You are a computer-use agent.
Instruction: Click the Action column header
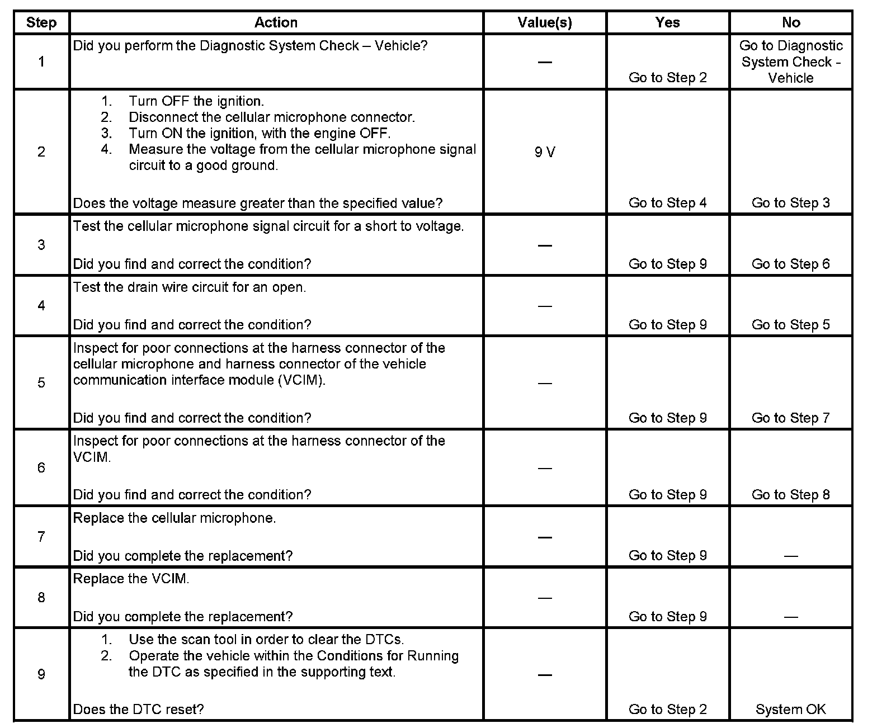276,22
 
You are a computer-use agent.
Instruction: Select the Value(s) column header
544,22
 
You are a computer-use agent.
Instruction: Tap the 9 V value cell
544,152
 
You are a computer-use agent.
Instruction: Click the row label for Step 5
41,382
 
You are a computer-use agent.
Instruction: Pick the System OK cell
790,710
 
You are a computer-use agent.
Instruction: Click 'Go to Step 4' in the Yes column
667,203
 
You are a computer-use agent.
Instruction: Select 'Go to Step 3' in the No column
790,203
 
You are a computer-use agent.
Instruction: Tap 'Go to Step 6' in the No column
790,264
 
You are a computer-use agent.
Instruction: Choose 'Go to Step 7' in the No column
790,418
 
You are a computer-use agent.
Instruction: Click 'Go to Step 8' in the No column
790,495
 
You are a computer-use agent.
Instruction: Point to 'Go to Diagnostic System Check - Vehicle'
790,62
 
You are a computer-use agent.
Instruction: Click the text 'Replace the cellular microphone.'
175,518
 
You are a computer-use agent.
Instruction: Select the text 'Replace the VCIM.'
131,579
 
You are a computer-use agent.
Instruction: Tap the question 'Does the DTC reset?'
138,710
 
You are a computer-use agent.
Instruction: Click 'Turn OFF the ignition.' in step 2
196,101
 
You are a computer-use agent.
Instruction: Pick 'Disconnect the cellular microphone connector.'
272,117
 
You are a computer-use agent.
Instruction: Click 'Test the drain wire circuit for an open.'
190,287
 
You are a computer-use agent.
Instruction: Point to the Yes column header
667,22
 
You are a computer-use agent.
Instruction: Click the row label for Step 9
41,674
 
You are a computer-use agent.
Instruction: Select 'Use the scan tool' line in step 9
266,639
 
